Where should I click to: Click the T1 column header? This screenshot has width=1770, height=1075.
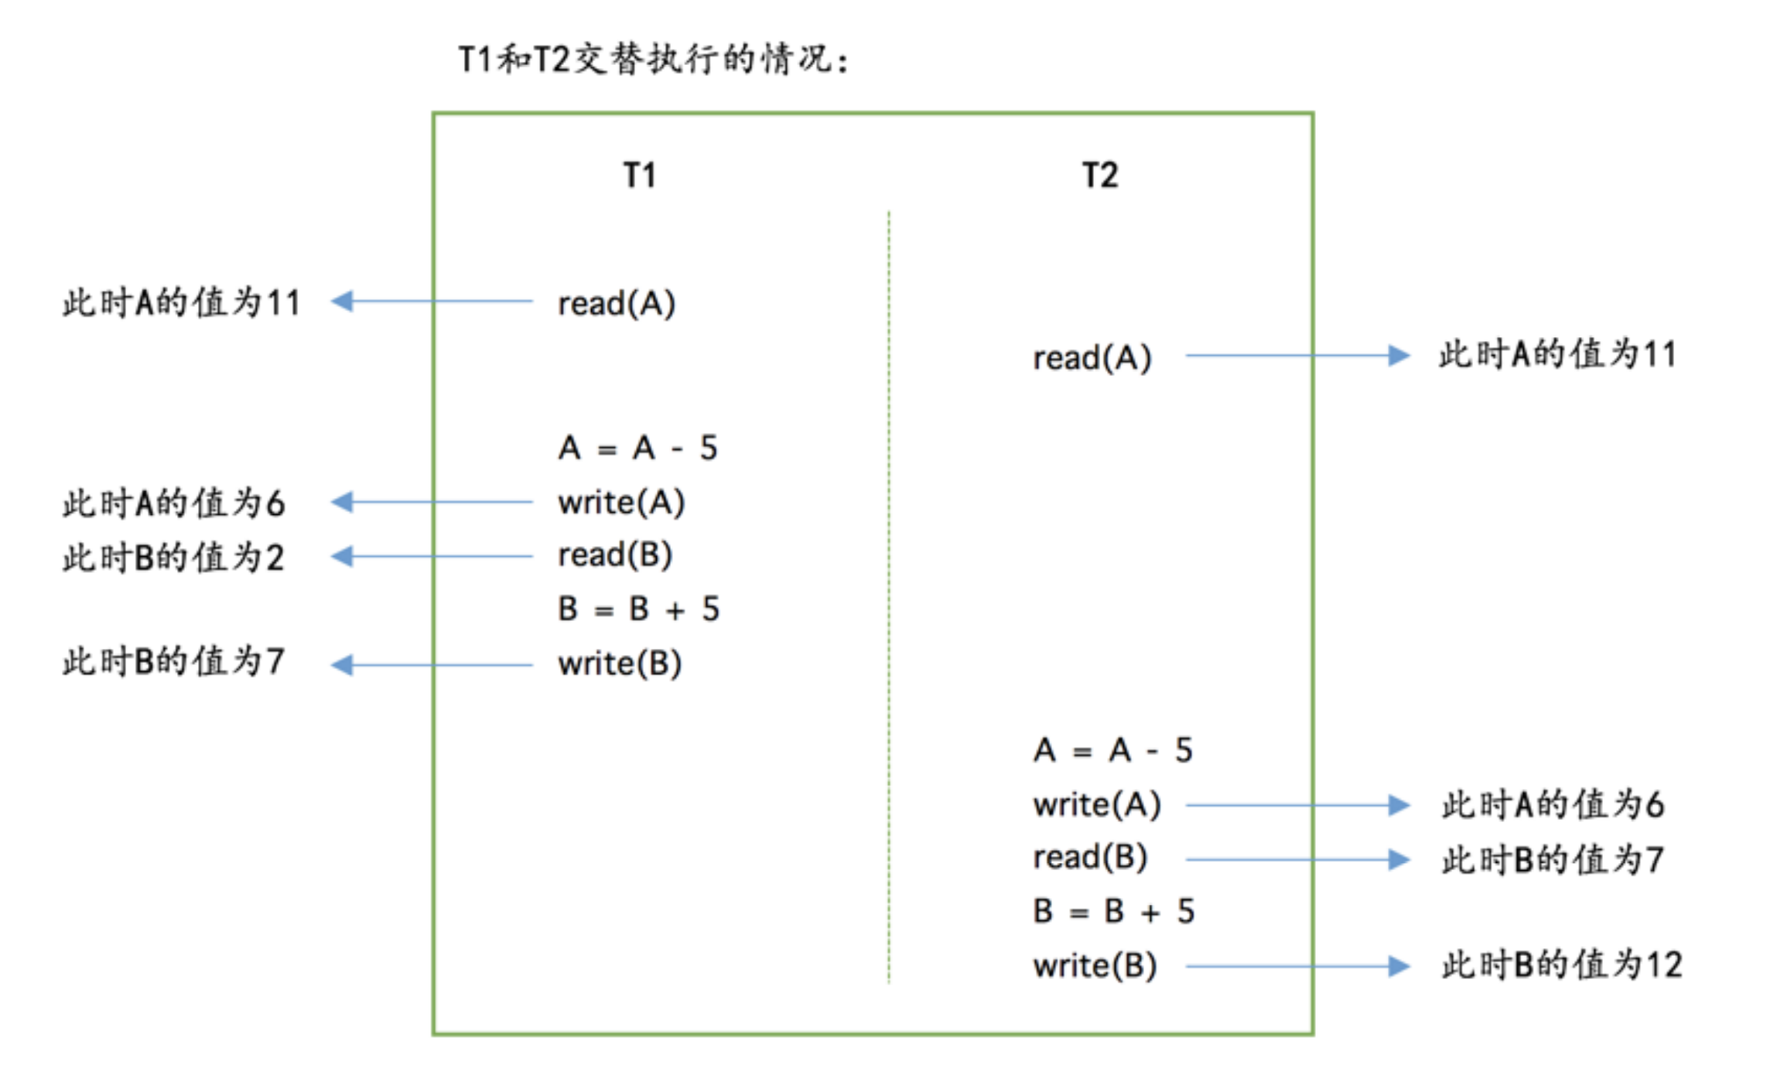click(640, 176)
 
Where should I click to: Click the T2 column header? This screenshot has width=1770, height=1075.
click(1099, 176)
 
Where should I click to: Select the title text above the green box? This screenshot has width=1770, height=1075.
click(654, 60)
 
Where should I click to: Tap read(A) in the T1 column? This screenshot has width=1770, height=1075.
click(617, 303)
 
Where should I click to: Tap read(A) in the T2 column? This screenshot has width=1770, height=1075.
click(1092, 357)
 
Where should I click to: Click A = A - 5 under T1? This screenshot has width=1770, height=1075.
click(638, 448)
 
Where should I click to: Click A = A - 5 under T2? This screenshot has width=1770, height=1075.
click(1112, 750)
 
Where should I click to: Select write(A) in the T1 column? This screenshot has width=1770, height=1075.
click(621, 503)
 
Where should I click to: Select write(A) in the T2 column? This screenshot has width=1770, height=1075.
click(1096, 805)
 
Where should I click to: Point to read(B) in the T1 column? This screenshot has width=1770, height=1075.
click(615, 555)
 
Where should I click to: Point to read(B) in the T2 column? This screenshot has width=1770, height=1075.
click(1090, 858)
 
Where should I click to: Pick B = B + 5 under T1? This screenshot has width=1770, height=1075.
click(638, 609)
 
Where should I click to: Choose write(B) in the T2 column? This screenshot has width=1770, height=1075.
click(1095, 966)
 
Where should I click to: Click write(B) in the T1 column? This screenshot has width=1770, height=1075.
click(620, 664)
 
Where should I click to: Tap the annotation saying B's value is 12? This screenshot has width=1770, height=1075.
click(1561, 965)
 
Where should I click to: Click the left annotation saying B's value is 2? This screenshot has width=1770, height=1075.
click(173, 557)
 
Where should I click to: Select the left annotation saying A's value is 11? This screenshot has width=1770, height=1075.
click(181, 302)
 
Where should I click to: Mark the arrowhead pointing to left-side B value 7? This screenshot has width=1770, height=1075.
click(342, 664)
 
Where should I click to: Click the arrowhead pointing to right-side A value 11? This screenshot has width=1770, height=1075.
click(1398, 356)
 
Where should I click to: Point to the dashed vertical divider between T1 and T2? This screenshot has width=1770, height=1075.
click(889, 596)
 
